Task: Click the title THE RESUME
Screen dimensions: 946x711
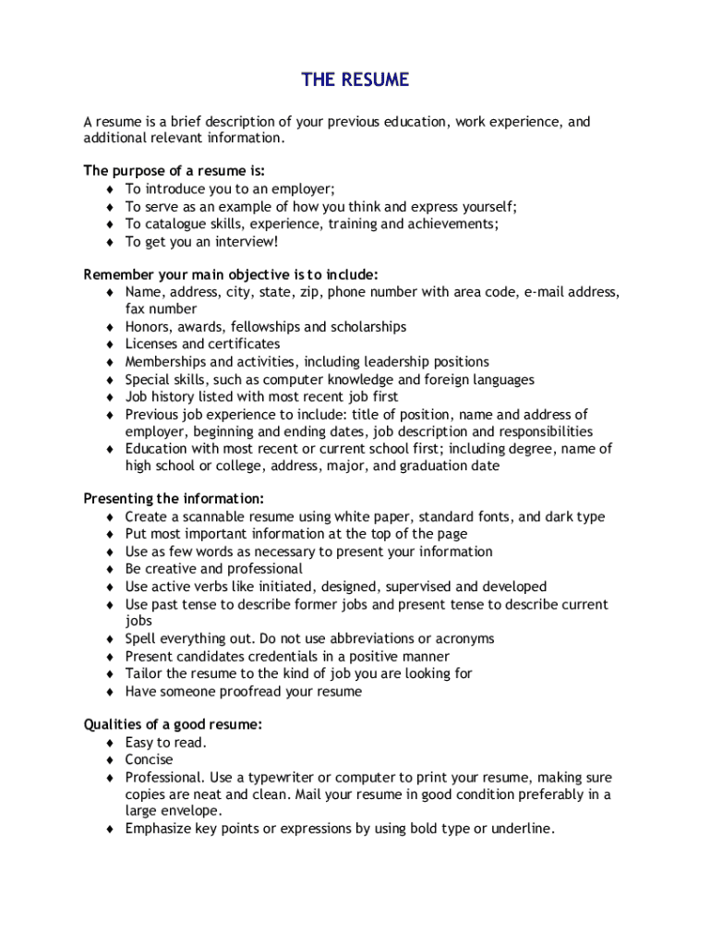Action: click(355, 79)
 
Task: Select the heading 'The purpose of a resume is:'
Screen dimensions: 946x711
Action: click(175, 171)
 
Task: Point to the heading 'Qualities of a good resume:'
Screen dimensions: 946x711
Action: click(173, 725)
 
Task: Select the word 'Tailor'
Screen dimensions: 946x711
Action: click(144, 673)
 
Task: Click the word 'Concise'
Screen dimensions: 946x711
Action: click(150, 759)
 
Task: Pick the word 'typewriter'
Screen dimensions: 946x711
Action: click(275, 778)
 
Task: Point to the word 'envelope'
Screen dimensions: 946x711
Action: click(191, 811)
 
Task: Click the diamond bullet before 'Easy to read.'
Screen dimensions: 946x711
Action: click(109, 743)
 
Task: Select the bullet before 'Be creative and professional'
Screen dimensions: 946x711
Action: click(109, 569)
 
